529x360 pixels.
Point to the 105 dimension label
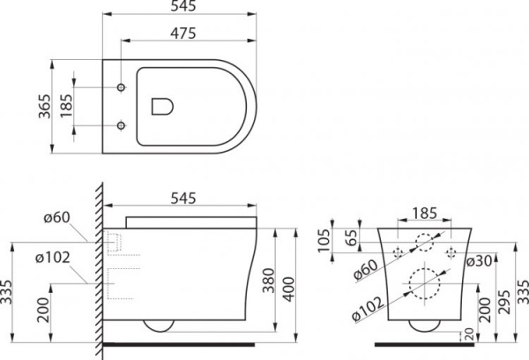coord(324,237)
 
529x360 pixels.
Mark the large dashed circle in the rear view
coord(421,283)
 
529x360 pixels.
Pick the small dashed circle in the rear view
coord(422,240)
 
